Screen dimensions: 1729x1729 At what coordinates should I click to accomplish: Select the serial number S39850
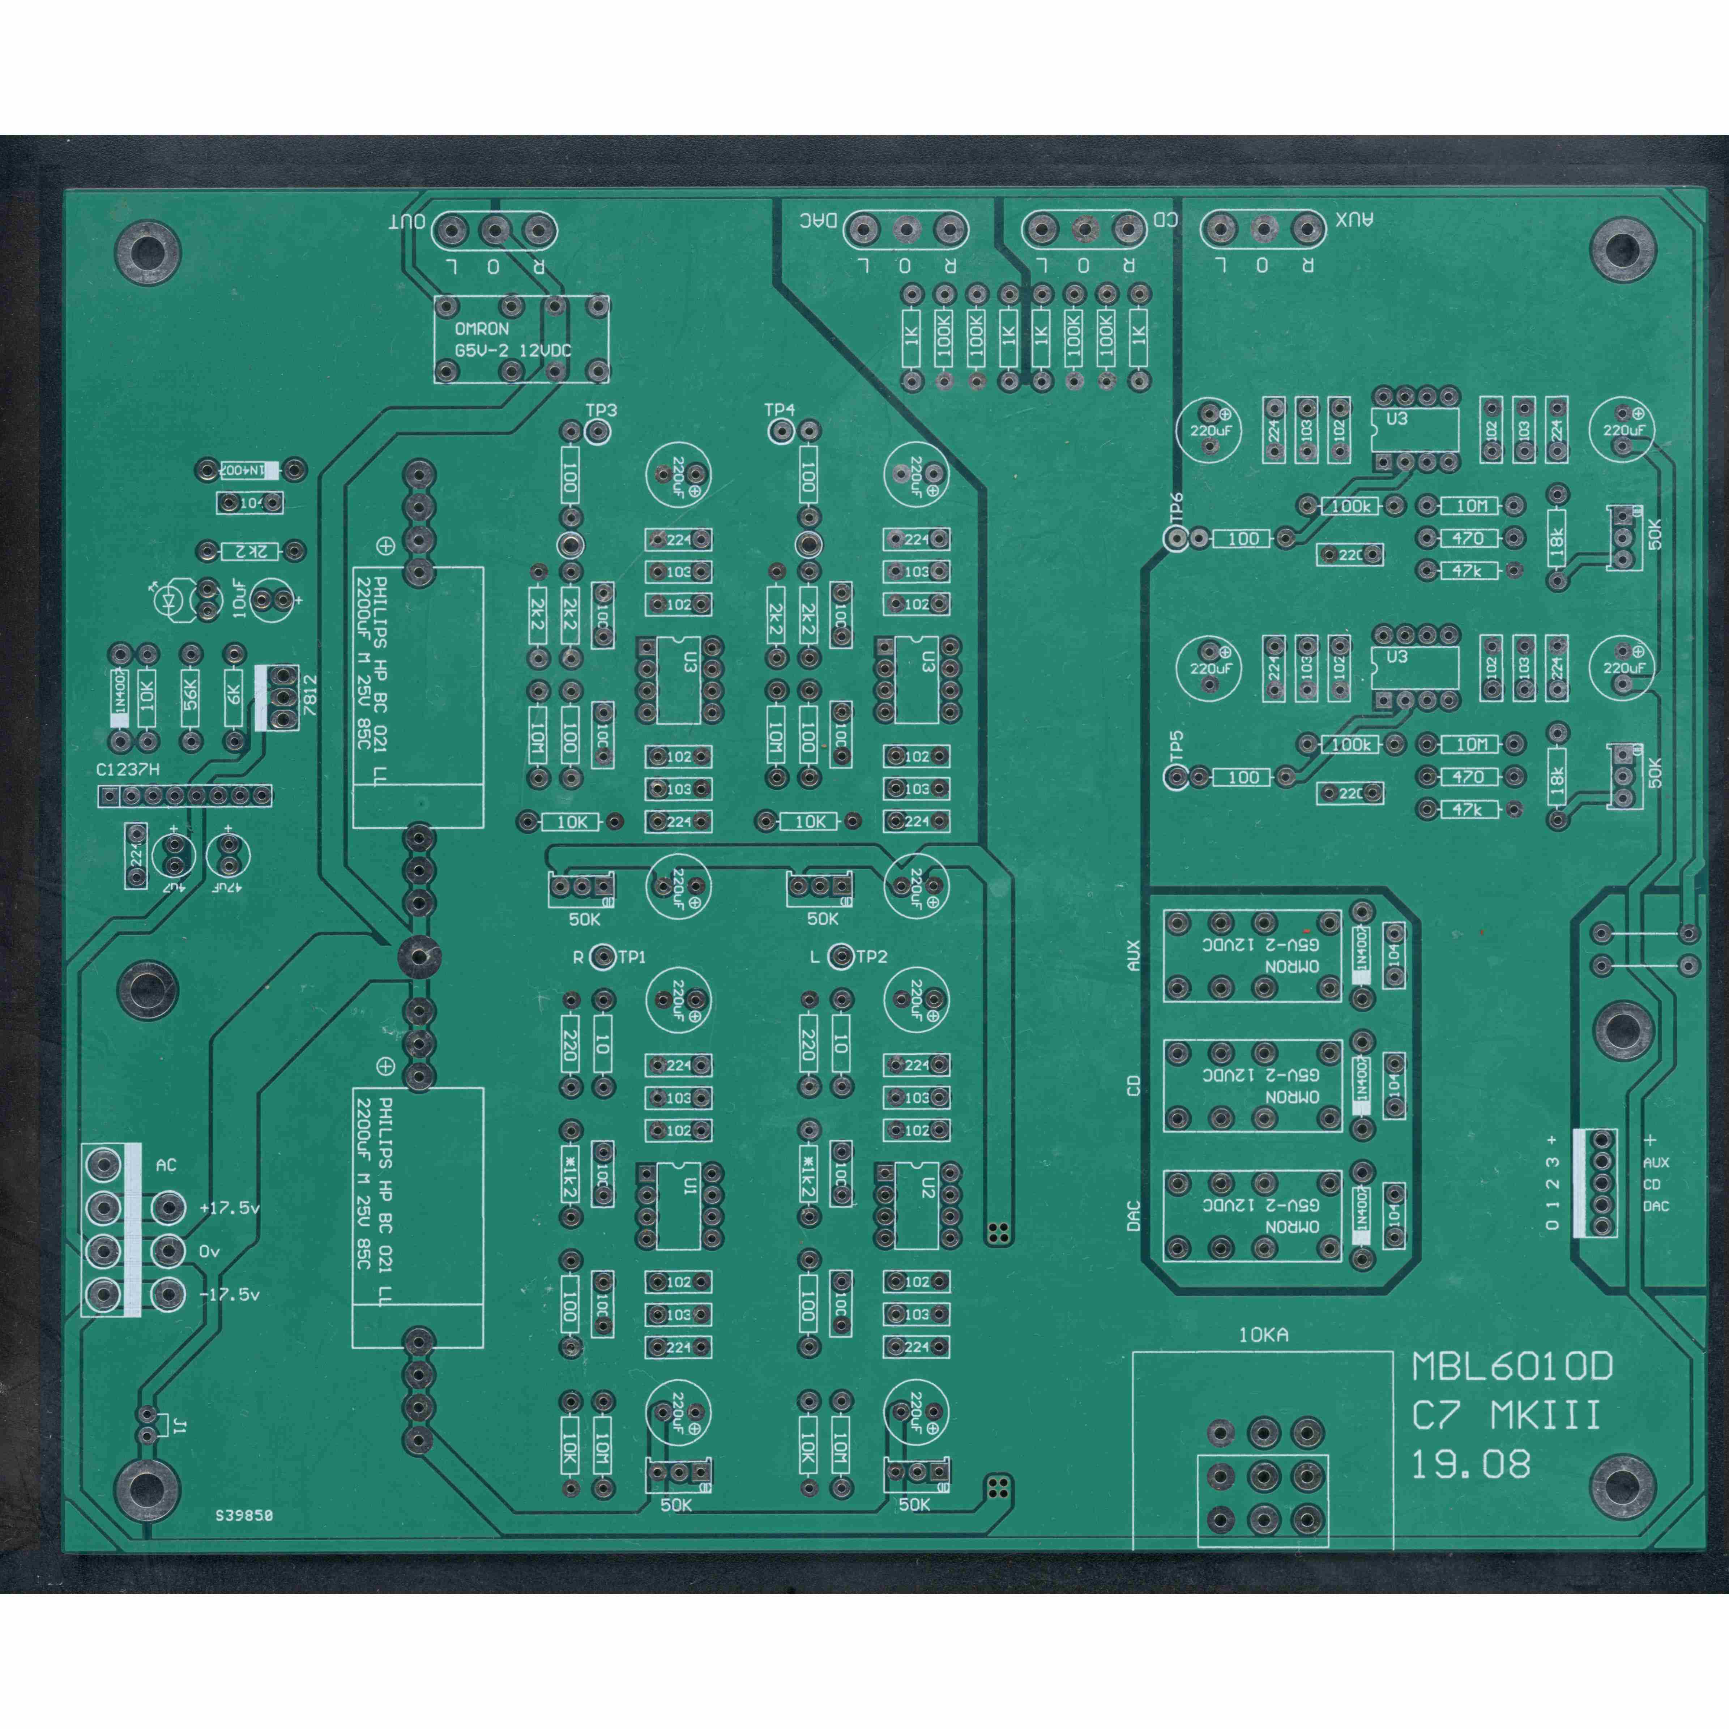[243, 1516]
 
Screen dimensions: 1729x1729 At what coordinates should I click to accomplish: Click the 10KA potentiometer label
[1263, 1335]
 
